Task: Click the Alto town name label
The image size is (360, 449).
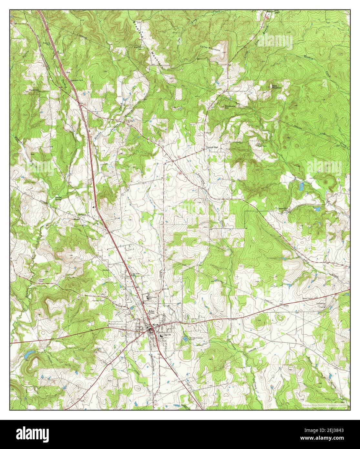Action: (151, 311)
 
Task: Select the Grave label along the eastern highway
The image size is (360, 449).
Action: (285, 305)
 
